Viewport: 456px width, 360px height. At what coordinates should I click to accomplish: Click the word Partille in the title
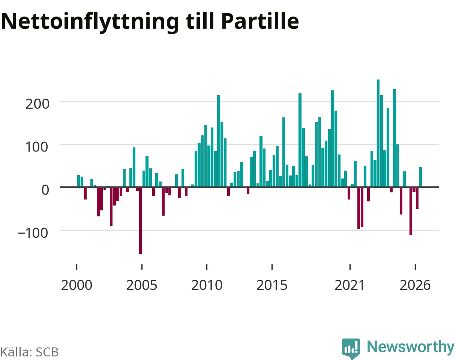[x=260, y=21]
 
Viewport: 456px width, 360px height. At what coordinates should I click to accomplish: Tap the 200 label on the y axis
[x=37, y=104]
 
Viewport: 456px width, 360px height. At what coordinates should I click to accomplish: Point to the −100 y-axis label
[x=33, y=233]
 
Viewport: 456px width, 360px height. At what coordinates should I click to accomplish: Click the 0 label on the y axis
[x=45, y=190]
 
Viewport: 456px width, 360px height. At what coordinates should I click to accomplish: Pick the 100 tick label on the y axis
[x=37, y=147]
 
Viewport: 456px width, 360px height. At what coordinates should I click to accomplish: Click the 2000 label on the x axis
[x=76, y=285]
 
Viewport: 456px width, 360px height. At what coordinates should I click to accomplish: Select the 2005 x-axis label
[x=142, y=285]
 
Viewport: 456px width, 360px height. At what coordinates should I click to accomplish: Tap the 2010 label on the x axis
[x=207, y=285]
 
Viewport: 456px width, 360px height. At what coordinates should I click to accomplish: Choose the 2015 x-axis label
[x=272, y=285]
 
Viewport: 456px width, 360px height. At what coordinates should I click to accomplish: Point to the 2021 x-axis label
[x=349, y=285]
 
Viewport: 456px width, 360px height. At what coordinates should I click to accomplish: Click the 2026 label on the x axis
[x=415, y=285]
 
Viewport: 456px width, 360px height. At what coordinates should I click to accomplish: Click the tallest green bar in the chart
[x=378, y=133]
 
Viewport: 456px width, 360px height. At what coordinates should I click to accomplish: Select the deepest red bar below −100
[x=140, y=220]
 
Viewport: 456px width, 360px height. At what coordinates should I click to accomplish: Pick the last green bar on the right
[x=420, y=177]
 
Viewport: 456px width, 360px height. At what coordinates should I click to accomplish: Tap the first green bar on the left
[x=78, y=181]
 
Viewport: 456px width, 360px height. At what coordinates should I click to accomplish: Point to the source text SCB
[x=47, y=352]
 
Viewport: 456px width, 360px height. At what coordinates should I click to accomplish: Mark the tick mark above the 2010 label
[x=207, y=267]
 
